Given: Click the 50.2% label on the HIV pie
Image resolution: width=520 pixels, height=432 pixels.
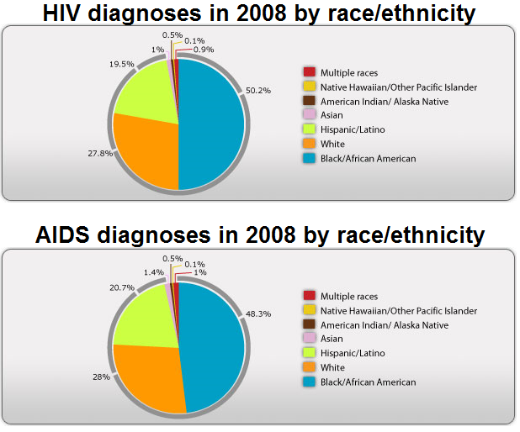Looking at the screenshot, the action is pyautogui.click(x=258, y=91).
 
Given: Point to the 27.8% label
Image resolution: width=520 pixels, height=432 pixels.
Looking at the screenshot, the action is pyautogui.click(x=100, y=154).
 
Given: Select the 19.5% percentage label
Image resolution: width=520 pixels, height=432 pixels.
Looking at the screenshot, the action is pyautogui.click(x=122, y=64).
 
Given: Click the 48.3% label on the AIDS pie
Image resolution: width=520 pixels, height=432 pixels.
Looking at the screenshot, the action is pyautogui.click(x=258, y=313).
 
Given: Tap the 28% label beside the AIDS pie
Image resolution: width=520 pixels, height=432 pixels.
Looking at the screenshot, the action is pyautogui.click(x=101, y=377).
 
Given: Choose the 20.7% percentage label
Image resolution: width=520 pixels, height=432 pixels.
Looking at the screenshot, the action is pyautogui.click(x=122, y=287).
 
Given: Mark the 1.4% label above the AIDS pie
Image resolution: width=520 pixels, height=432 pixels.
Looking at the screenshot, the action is pyautogui.click(x=154, y=272).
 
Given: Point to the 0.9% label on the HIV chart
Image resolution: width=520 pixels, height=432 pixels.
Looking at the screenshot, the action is pyautogui.click(x=204, y=50).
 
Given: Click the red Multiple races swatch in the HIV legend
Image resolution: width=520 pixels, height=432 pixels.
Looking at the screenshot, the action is pyautogui.click(x=309, y=72).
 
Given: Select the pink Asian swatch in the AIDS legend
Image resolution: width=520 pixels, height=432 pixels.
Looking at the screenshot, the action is pyautogui.click(x=309, y=338).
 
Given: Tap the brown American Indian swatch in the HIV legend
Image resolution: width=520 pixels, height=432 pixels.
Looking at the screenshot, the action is pyautogui.click(x=309, y=101).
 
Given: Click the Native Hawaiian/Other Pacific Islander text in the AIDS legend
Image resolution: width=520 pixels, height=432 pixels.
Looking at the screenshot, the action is pyautogui.click(x=399, y=311).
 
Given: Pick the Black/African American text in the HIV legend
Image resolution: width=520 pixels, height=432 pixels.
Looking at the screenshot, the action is pyautogui.click(x=368, y=159).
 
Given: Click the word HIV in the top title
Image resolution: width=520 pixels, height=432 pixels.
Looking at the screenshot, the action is pyautogui.click(x=62, y=13).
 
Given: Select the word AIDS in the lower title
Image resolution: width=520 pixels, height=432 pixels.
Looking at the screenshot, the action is pyautogui.click(x=62, y=234).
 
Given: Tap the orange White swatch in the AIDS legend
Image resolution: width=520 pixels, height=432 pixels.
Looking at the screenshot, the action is pyautogui.click(x=309, y=367).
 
